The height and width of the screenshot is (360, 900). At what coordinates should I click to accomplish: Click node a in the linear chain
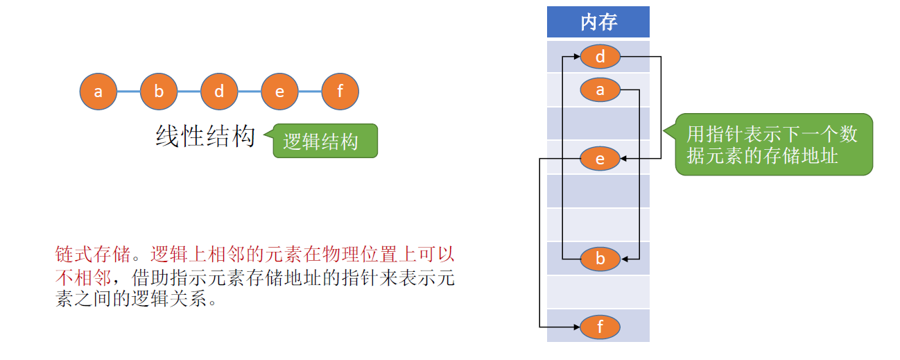[x=98, y=92]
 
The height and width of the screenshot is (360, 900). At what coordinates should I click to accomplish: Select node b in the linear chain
[x=159, y=92]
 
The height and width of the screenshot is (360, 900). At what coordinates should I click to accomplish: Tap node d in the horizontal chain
[x=219, y=92]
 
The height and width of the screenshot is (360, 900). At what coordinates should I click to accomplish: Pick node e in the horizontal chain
[x=279, y=92]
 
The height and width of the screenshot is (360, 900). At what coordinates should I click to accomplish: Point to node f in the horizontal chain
[x=340, y=92]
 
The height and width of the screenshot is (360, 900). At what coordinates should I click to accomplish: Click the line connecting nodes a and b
[x=128, y=92]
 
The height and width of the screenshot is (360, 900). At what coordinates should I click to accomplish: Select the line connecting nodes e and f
[x=310, y=92]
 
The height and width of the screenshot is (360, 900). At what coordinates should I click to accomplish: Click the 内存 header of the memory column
[x=598, y=22]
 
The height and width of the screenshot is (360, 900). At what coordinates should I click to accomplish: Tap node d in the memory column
[x=600, y=57]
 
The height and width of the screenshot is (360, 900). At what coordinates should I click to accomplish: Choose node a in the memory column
[x=600, y=89]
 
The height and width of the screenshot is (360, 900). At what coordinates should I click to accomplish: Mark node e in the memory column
[x=600, y=159]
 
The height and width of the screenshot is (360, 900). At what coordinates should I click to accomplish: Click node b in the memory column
[x=600, y=259]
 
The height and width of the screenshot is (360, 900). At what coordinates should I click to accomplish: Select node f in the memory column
[x=600, y=326]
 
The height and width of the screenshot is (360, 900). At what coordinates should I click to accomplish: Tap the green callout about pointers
[x=773, y=144]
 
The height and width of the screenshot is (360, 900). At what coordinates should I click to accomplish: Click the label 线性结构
[x=205, y=137]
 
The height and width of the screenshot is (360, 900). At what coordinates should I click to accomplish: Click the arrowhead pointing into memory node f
[x=576, y=326]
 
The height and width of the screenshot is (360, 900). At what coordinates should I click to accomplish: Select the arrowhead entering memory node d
[x=576, y=57]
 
